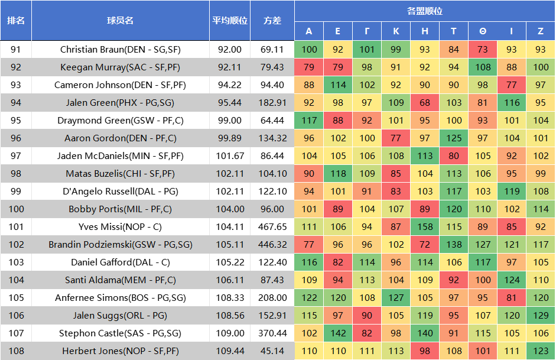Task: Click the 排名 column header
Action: pyautogui.click(x=16, y=20)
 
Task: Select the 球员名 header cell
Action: pyautogui.click(x=120, y=20)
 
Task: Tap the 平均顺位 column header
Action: pyautogui.click(x=230, y=20)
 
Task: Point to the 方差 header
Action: pyautogui.click(x=272, y=20)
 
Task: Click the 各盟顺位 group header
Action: pyautogui.click(x=424, y=11)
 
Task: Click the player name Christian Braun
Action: pyautogui.click(x=120, y=50)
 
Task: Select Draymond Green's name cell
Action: pyautogui.click(x=120, y=121)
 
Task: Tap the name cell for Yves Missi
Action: pyautogui.click(x=120, y=227)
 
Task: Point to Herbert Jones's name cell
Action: pyautogui.click(x=120, y=351)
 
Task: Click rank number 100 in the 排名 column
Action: pyautogui.click(x=16, y=209)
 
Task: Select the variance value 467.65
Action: pyautogui.click(x=272, y=227)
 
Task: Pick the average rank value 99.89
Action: pyautogui.click(x=230, y=138)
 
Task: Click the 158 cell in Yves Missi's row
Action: pyautogui.click(x=425, y=227)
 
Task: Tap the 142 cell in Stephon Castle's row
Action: pyautogui.click(x=338, y=333)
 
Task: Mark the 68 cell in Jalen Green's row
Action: pyautogui.click(x=425, y=103)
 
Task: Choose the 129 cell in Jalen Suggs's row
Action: pyautogui.click(x=540, y=316)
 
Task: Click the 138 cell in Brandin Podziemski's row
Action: pyautogui.click(x=454, y=245)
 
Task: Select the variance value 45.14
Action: pyautogui.click(x=272, y=351)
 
